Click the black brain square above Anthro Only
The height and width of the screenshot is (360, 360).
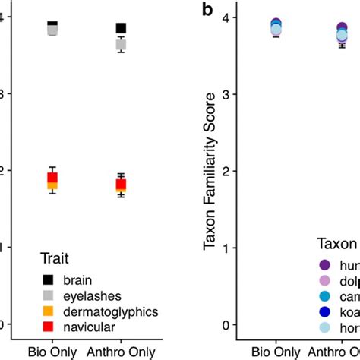click(121, 28)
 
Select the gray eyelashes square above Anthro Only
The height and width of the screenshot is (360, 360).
click(121, 45)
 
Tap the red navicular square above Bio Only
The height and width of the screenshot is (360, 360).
click(52, 178)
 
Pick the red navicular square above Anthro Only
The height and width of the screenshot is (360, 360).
click(121, 185)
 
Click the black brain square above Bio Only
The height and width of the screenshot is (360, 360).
click(52, 27)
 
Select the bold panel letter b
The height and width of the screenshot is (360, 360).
click(205, 10)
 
